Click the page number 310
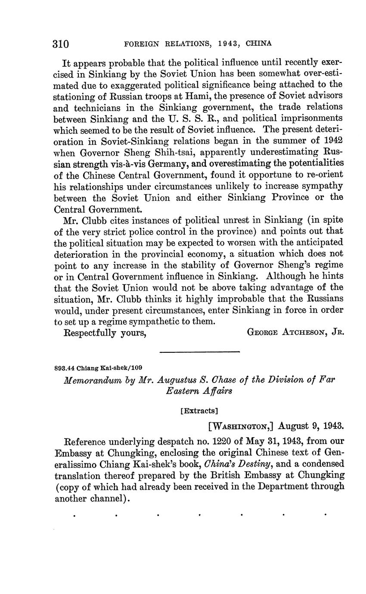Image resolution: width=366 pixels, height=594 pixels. click(61, 44)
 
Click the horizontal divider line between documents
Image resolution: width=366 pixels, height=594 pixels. click(199, 352)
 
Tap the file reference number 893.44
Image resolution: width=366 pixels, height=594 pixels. click(64, 368)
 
